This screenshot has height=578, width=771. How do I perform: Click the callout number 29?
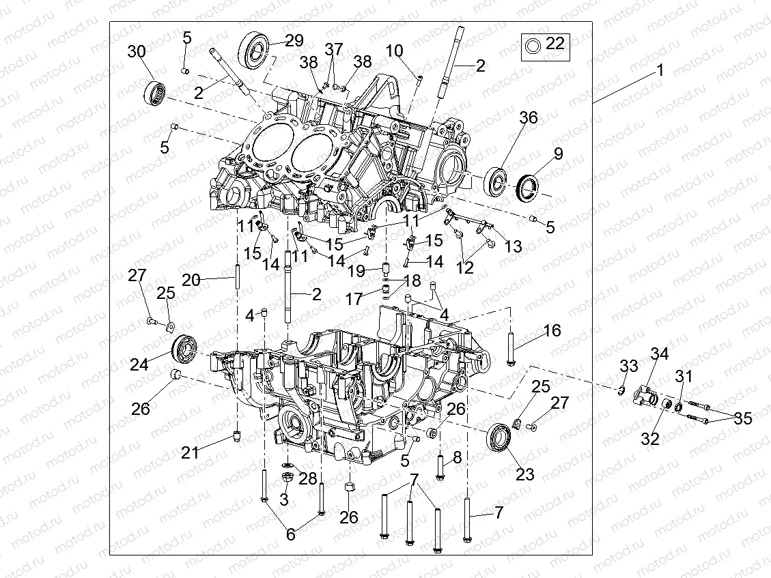pyautogui.click(x=294, y=40)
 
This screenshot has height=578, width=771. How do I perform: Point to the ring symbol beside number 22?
pyautogui.click(x=533, y=45)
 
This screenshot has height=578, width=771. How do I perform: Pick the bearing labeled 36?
pyautogui.click(x=496, y=181)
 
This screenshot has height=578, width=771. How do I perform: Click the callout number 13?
pyautogui.click(x=512, y=246)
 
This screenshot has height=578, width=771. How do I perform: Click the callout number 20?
pyautogui.click(x=191, y=280)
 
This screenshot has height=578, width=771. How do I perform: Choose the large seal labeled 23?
pyautogui.click(x=501, y=437)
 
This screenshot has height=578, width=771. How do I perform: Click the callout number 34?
pyautogui.click(x=660, y=353)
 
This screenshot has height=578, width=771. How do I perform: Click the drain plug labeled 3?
pyautogui.click(x=288, y=474)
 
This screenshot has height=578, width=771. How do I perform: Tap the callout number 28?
pyautogui.click(x=308, y=478)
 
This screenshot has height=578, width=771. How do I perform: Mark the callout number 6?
pyautogui.click(x=291, y=534)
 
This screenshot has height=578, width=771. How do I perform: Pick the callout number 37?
pyautogui.click(x=333, y=49)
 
